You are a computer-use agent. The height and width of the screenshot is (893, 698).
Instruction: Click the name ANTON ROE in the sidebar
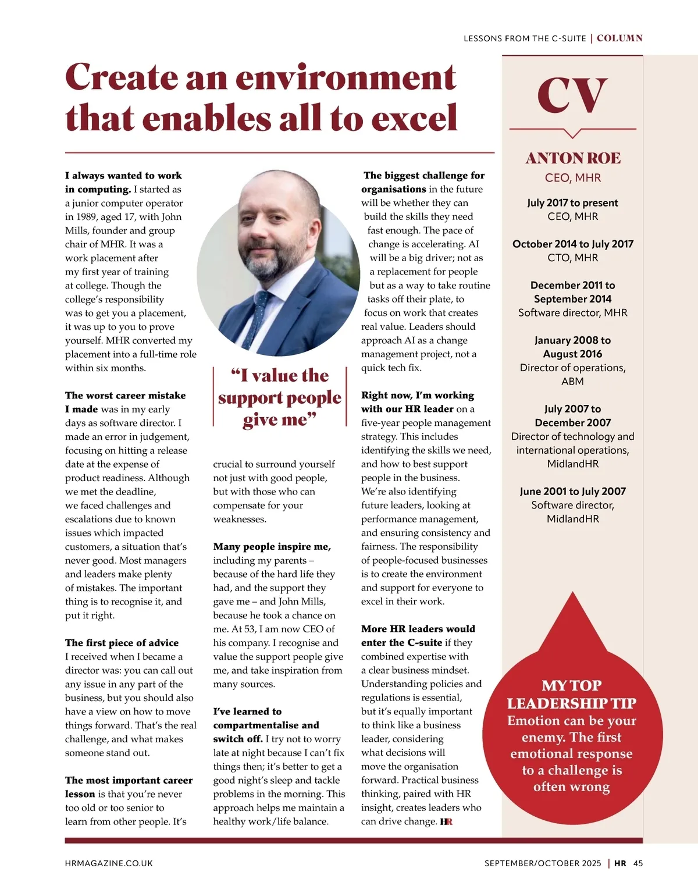(573, 158)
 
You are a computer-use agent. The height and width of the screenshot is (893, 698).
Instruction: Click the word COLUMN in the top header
(619, 38)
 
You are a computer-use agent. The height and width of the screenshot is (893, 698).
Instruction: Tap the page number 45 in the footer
(638, 863)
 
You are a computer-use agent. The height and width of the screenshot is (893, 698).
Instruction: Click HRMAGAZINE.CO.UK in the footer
(109, 863)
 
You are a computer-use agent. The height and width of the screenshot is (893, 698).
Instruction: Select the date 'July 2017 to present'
(572, 203)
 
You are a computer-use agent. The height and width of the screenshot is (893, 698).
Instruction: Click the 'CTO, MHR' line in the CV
(572, 258)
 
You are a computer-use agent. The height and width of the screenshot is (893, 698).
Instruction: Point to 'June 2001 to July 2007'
(572, 492)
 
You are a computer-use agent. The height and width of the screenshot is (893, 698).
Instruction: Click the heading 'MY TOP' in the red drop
(572, 685)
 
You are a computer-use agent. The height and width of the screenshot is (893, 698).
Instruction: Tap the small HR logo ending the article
(446, 821)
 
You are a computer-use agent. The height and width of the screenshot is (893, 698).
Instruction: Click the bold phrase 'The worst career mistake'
(126, 396)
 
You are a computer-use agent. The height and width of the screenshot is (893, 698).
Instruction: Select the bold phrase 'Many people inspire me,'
(272, 547)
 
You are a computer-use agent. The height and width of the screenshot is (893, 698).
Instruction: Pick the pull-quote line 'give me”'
(279, 420)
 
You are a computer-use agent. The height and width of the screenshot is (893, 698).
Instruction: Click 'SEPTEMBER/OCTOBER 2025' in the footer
(543, 863)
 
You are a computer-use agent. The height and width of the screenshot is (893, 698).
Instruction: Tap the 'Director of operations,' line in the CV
(572, 368)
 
